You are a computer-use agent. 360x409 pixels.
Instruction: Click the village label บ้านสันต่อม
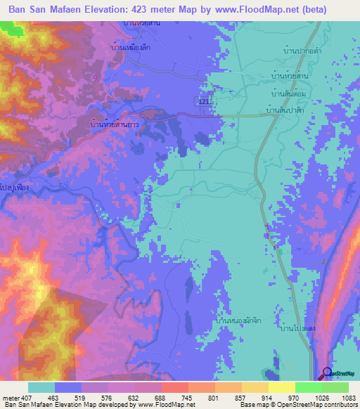(x=289, y=91)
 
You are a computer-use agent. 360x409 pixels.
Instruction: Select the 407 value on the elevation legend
(x=27, y=397)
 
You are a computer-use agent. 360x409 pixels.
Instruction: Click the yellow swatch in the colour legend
(x=281, y=387)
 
